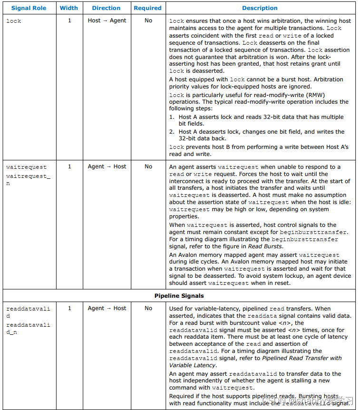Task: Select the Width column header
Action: pos(69,8)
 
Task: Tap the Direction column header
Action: pos(107,8)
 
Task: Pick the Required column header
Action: pos(147,8)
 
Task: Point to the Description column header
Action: pos(260,8)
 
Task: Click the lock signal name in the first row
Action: pos(14,21)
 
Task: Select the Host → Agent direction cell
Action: pos(107,21)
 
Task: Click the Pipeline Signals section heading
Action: pos(179,296)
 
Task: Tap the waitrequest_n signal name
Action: pos(28,179)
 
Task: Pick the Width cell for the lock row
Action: pos(69,21)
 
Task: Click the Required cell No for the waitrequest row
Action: pos(148,166)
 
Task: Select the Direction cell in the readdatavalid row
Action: pos(107,308)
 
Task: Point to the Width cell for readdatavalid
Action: pos(69,308)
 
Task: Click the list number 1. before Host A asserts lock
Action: pos(172,117)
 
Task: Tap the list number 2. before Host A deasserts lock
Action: pos(172,132)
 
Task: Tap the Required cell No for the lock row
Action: pos(148,21)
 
